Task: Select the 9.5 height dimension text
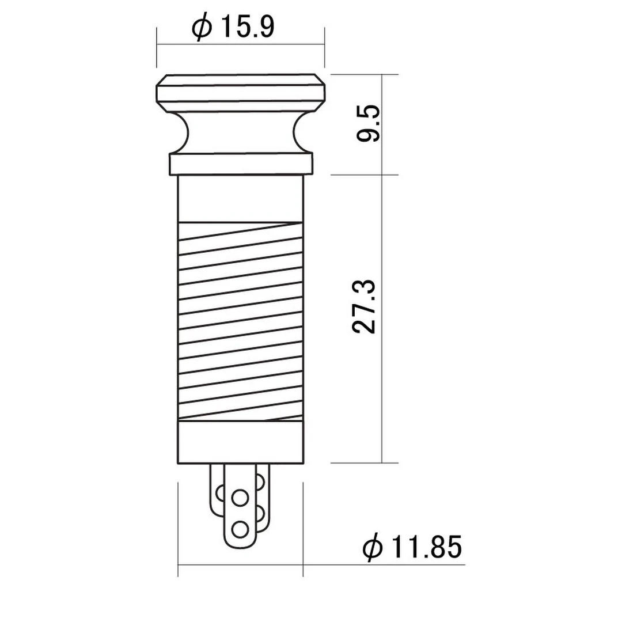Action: pyautogui.click(x=367, y=124)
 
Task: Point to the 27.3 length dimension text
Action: pyautogui.click(x=364, y=307)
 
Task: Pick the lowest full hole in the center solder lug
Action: pyautogui.click(x=239, y=528)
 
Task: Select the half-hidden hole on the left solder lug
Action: pyautogui.click(x=219, y=494)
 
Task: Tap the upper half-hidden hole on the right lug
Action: pyautogui.click(x=260, y=480)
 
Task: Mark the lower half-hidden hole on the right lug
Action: pyautogui.click(x=260, y=510)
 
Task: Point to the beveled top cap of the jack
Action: pyautogui.click(x=241, y=92)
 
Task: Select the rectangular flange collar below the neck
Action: pyautogui.click(x=241, y=164)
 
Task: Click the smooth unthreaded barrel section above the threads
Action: pyautogui.click(x=241, y=198)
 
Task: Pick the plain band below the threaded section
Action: pyautogui.click(x=241, y=442)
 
